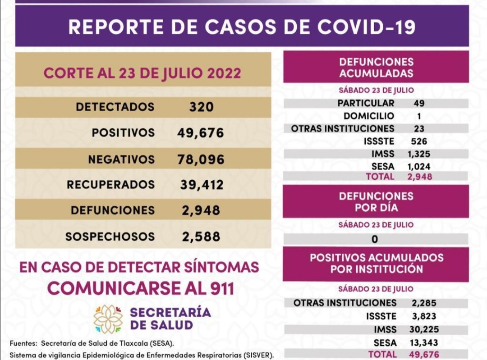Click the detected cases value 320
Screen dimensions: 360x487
pos(201,107)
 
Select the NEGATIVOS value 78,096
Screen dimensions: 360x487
pos(201,159)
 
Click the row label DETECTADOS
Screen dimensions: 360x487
pos(115,107)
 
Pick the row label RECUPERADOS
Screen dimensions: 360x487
pos(110,185)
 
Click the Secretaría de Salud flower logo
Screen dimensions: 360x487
pos(108,319)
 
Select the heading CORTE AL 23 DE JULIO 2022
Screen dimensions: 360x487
pos(142,73)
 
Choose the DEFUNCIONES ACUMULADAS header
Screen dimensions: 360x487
pos(376,68)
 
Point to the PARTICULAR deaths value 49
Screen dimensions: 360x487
pos(419,103)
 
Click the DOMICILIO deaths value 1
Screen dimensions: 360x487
pos(419,116)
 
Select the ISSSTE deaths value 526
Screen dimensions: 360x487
pos(419,141)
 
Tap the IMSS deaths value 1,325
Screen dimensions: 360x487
pos(419,154)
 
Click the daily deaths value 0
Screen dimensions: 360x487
pos(375,239)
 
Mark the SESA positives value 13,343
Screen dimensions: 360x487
pos(424,343)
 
